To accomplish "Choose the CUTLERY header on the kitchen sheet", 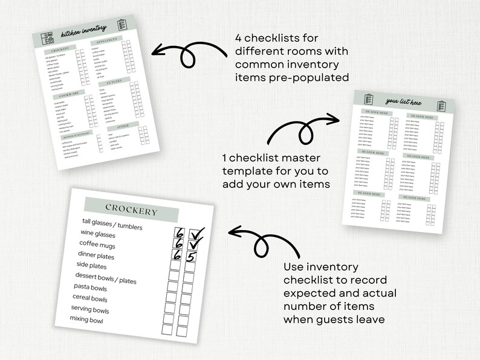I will [114, 81].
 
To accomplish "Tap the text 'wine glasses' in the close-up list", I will [98, 234].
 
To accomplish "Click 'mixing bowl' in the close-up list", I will [86, 320].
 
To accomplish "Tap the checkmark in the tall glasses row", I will [196, 233].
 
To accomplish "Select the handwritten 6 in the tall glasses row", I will [180, 233].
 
